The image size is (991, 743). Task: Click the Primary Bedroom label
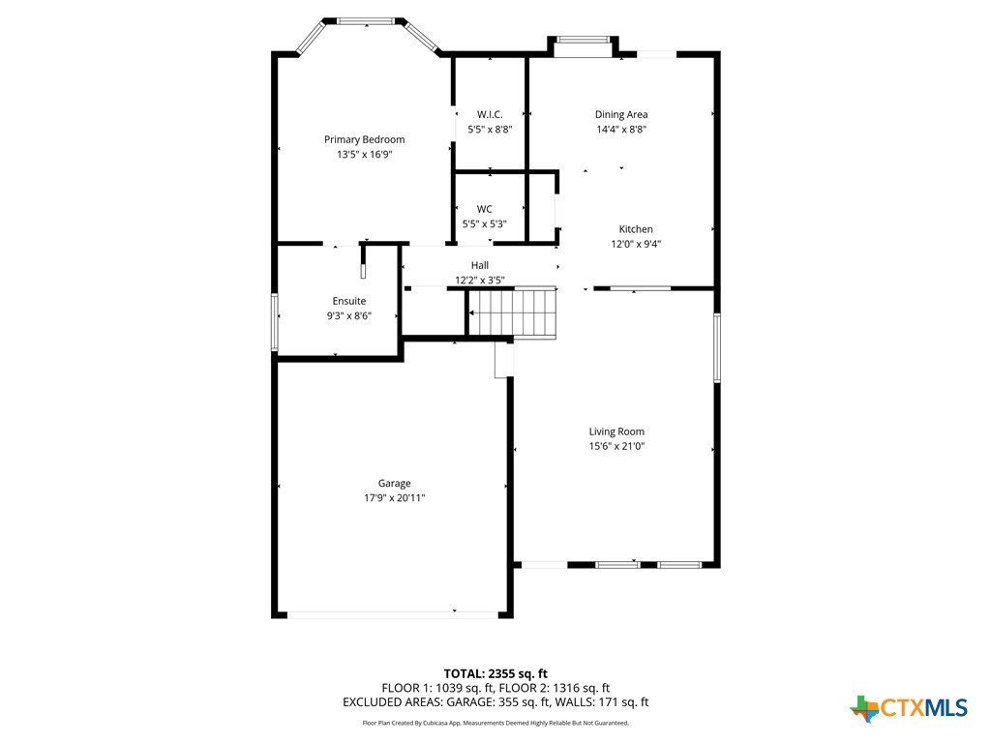365,139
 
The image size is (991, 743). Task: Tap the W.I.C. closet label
490,114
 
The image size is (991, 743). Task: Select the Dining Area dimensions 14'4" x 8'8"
621,130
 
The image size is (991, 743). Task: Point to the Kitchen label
636,229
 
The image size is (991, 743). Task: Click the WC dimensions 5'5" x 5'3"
485,224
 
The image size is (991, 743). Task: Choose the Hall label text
480,265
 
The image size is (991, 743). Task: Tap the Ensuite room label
348,302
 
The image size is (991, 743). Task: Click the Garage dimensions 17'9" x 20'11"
395,498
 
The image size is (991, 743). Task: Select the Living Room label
616,431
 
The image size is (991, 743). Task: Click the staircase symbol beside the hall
513,313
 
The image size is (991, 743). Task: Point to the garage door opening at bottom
393,614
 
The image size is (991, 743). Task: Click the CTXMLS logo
909,708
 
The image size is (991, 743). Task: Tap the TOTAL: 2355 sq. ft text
495,673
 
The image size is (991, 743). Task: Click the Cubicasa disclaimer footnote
495,723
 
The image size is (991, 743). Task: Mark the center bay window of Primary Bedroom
367,21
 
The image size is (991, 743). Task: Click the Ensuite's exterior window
275,321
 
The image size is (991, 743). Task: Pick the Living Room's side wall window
717,347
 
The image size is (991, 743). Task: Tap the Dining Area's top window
584,40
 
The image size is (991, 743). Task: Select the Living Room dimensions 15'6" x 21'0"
616,446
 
